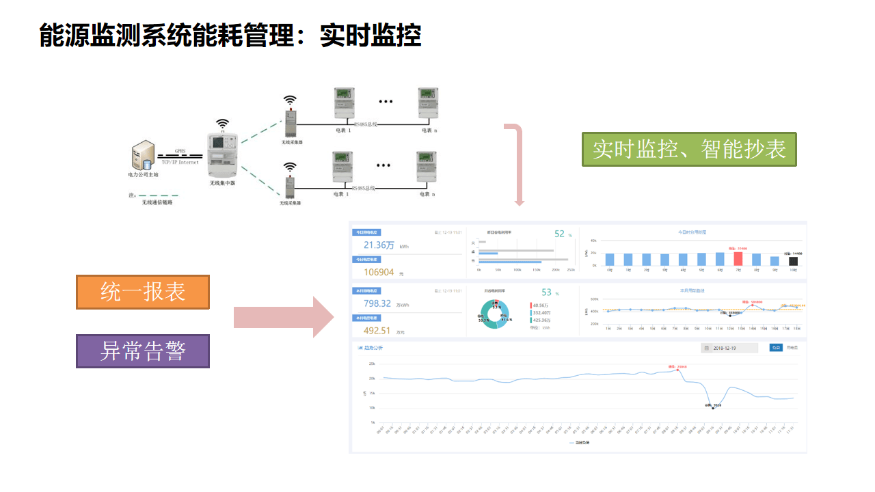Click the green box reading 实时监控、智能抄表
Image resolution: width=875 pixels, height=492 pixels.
click(x=689, y=148)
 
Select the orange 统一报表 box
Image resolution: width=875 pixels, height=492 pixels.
click(x=143, y=292)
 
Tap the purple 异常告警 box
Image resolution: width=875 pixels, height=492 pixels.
click(x=143, y=350)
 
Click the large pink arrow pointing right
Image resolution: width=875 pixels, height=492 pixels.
click(x=283, y=318)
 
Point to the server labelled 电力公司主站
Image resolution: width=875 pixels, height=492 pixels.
click(x=143, y=155)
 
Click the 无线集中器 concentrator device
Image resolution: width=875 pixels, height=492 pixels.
click(x=222, y=156)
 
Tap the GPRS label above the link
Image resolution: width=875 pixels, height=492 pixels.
click(x=180, y=150)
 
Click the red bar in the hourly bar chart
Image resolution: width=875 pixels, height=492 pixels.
click(x=738, y=258)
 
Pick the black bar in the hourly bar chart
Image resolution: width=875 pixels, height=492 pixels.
click(x=793, y=260)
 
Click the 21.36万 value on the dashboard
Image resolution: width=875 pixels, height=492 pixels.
click(x=379, y=245)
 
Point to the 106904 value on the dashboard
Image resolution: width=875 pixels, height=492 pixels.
click(x=379, y=272)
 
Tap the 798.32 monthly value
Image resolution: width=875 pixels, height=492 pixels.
click(x=377, y=303)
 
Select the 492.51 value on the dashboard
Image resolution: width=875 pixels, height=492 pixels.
click(x=377, y=331)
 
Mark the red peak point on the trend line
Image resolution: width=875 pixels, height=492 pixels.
click(x=677, y=370)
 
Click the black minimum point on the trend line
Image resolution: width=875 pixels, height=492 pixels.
click(x=713, y=408)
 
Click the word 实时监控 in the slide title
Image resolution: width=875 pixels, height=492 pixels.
click(x=371, y=36)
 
